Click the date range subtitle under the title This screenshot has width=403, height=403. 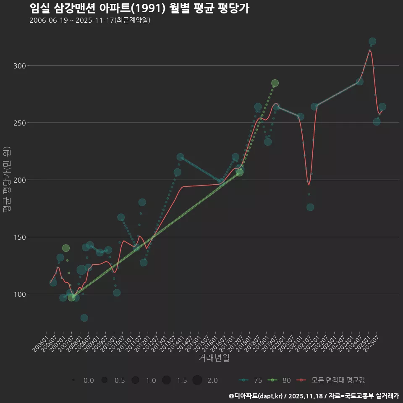(90, 21)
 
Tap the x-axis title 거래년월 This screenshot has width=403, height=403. (214, 358)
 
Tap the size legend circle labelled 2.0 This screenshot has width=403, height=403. (198, 380)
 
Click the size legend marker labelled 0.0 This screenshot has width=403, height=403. (73, 380)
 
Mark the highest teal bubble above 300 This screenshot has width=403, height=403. (372, 42)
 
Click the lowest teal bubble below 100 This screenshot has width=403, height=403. (84, 318)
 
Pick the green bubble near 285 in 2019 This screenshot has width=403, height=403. (275, 83)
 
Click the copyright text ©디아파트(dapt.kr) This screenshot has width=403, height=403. (256, 396)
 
